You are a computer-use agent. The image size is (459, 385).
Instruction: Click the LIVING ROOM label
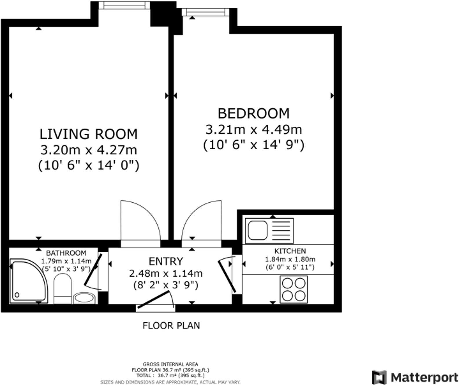(89, 134)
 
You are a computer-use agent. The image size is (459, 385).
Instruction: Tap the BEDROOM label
(254, 114)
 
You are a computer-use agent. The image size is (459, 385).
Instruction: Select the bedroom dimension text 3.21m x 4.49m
(254, 130)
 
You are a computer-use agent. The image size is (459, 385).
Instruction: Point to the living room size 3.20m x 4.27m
(89, 150)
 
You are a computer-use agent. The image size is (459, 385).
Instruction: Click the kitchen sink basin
(258, 230)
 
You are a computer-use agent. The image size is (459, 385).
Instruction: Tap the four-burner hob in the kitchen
(294, 290)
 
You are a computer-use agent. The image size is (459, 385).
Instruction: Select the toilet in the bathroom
(63, 288)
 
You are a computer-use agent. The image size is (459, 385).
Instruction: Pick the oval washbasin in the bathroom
(84, 298)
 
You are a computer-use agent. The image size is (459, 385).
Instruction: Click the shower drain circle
(17, 295)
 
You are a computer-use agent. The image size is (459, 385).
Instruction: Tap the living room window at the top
(124, 5)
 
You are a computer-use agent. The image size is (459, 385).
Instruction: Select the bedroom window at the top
(205, 12)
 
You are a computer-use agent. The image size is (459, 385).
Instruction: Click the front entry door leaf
(154, 299)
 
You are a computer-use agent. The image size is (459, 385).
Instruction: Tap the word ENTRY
(166, 261)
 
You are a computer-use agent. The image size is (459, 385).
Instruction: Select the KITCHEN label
(290, 251)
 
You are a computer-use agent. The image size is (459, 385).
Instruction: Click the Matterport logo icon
(379, 377)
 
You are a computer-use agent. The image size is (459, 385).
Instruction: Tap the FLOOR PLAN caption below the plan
(171, 326)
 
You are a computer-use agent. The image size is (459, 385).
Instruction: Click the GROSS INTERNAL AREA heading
(170, 364)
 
